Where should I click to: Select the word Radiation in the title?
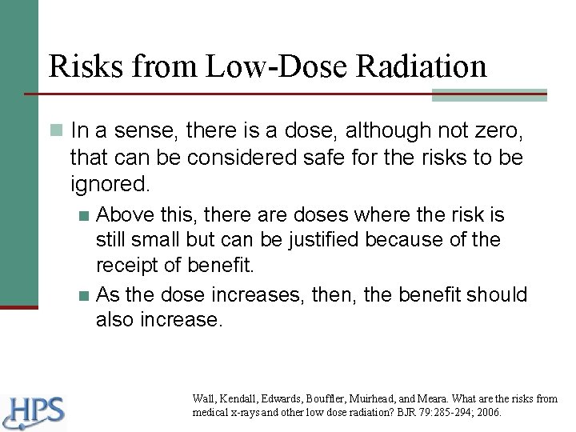coord(424,66)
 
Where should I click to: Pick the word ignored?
coord(110,185)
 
